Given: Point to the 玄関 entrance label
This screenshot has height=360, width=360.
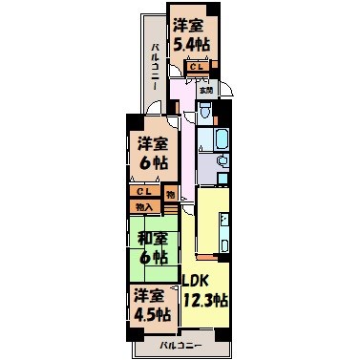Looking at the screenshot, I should point(206,90).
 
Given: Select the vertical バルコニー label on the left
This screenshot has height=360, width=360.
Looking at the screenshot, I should point(154,67).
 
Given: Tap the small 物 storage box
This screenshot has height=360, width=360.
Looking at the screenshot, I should point(170,196).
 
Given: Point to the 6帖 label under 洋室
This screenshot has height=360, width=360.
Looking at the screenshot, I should point(148,163).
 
